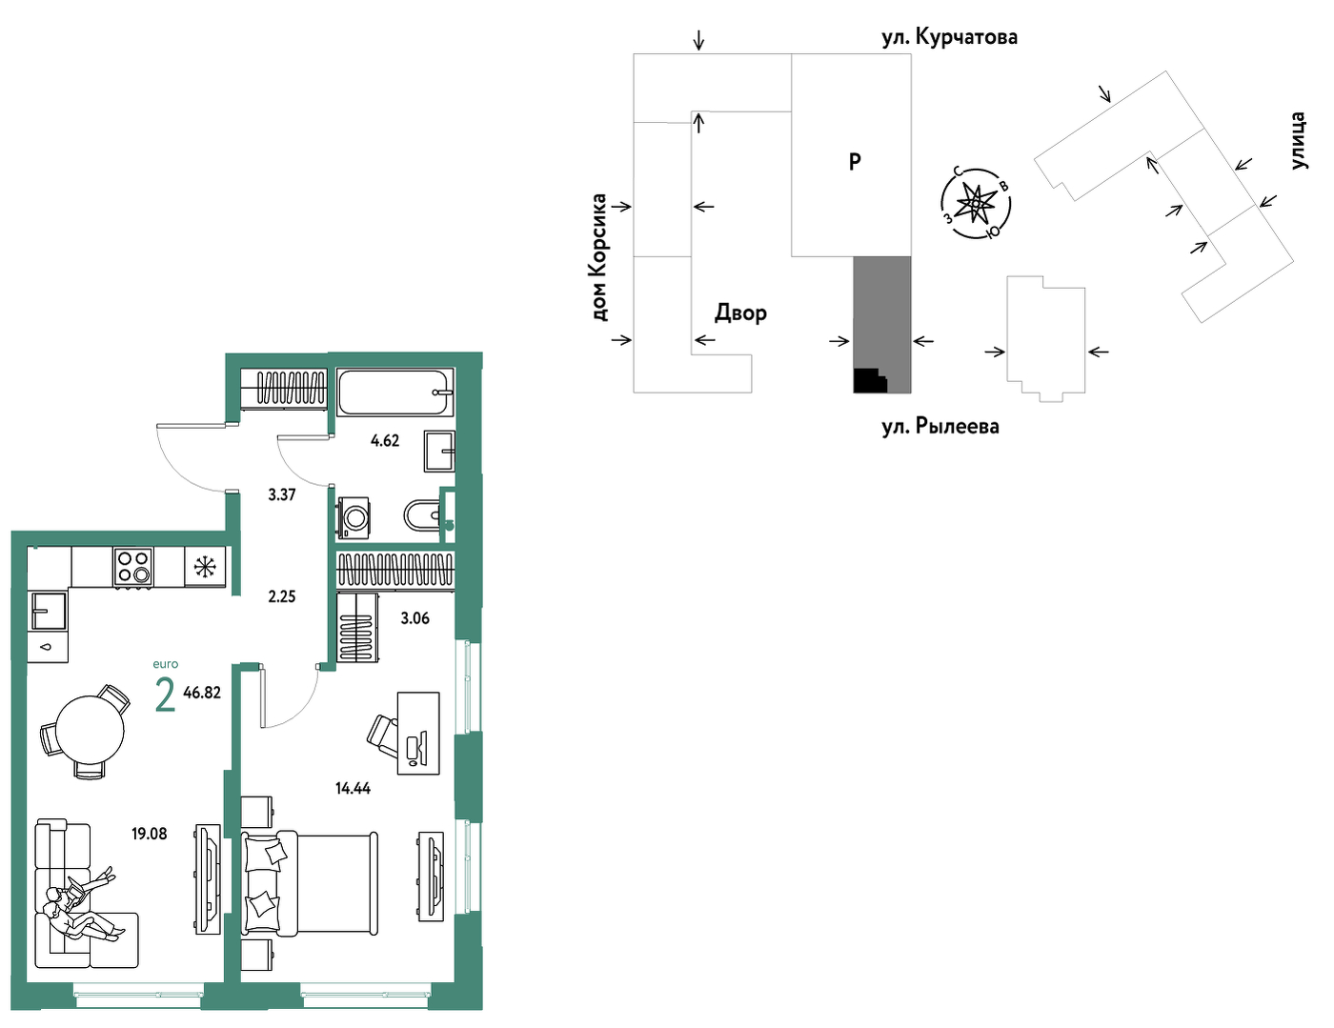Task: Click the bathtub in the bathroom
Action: tap(394, 393)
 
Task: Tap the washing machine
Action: tap(354, 517)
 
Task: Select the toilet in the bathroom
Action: tap(422, 514)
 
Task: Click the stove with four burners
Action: tap(133, 567)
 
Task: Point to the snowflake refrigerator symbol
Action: tap(205, 567)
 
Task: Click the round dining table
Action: tap(90, 730)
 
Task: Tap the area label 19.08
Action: tap(150, 834)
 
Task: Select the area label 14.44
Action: tap(353, 788)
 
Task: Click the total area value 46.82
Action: tap(202, 693)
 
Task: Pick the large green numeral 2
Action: tap(165, 695)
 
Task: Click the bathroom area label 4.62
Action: tap(385, 440)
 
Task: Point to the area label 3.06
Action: tap(415, 618)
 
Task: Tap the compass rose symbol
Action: tap(976, 204)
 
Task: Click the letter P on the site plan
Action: tap(855, 162)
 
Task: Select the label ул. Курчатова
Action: tap(950, 37)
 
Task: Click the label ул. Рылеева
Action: tap(940, 426)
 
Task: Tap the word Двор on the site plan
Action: tap(740, 313)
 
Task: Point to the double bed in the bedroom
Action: tap(310, 884)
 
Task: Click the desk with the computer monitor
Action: tap(418, 734)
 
